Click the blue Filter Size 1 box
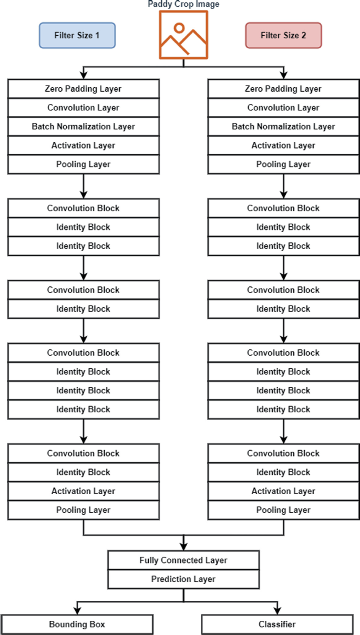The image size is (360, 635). pos(77,36)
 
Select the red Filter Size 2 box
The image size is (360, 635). pos(283,36)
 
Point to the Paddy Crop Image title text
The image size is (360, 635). pos(183,5)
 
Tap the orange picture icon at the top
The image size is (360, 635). pos(183,35)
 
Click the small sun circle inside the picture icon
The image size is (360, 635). pos(179,28)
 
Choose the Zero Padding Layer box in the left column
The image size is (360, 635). pos(83,89)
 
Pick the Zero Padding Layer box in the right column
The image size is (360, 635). pos(283,89)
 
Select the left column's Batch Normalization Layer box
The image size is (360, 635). pos(83,127)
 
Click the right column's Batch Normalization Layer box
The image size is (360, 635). pos(283,127)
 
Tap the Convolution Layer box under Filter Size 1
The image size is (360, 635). pos(83,108)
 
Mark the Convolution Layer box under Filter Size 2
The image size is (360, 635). pos(283,108)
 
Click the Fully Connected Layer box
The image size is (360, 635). pos(183,560)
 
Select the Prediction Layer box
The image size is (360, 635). pos(183,579)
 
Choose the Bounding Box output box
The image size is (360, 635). pos(77,624)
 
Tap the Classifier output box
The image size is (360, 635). pos(277,624)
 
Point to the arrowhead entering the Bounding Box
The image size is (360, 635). pos(77,611)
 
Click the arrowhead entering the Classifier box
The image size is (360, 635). pos(277,611)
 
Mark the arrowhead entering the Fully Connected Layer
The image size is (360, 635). pos(183,546)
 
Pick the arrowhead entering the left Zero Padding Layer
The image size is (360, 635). pos(83,75)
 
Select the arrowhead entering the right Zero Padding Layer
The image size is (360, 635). pos(283,75)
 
